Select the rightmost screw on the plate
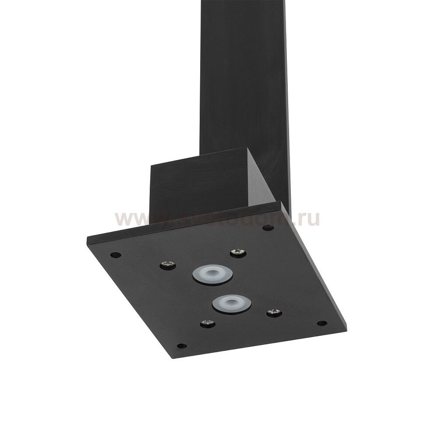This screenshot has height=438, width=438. click(274, 312)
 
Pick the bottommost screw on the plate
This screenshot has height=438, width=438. click(207, 324)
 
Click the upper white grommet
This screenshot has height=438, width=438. click(212, 275)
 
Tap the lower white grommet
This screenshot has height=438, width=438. click(232, 303)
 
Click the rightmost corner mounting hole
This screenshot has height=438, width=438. click(321, 323)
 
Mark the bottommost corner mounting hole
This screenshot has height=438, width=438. click(181, 346)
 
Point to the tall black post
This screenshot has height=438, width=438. click(245, 79)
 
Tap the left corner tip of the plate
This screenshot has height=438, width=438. click(88, 240)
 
